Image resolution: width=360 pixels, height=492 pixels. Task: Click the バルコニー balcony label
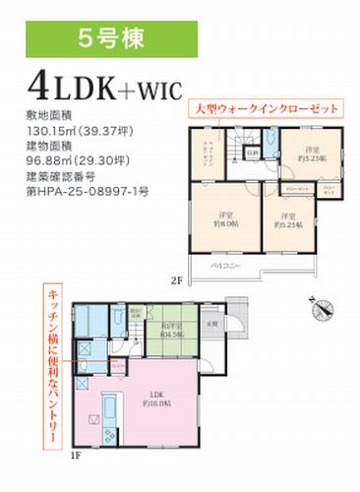coord(228,267)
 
